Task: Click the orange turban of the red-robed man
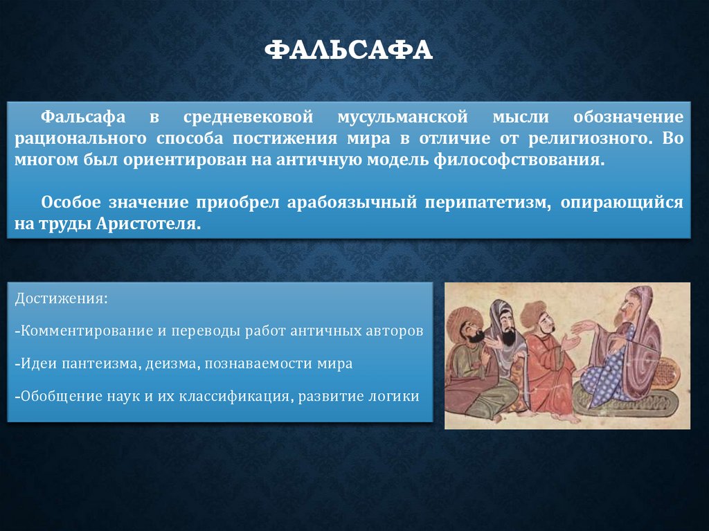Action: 533,312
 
